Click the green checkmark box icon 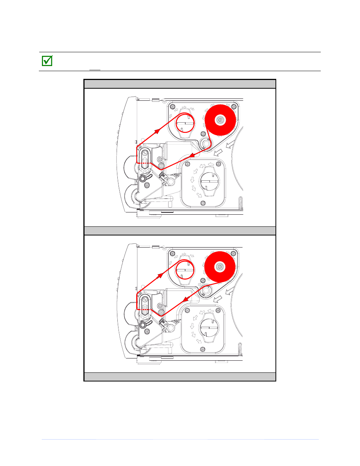tap(47, 61)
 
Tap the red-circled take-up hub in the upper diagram tap(185, 123)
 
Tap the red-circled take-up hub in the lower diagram tap(185, 270)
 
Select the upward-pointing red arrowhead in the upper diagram tap(156, 131)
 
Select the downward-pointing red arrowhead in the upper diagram tap(192, 155)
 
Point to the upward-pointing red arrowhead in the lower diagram tap(160, 275)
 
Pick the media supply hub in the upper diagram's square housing tap(209, 183)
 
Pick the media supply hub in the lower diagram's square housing tap(209, 329)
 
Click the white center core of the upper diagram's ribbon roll tap(220, 120)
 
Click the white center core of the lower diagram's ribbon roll tap(220, 267)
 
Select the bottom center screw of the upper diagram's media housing tap(203, 203)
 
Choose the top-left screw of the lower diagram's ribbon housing tap(172, 253)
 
